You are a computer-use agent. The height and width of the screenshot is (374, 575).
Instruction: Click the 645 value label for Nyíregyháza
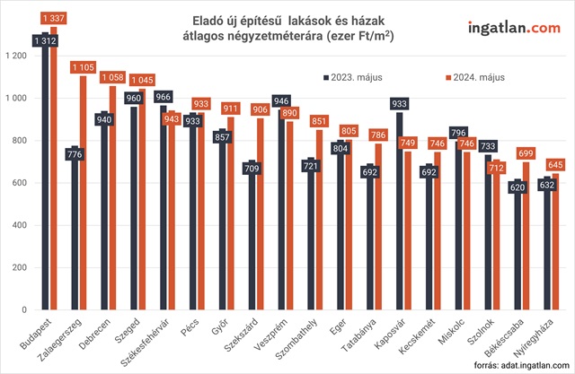556,164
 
